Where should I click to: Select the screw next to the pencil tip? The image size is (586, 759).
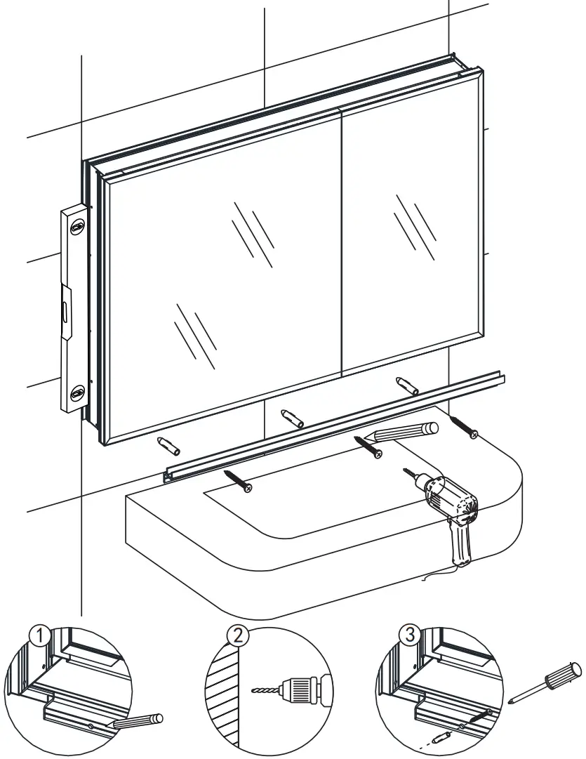pos(369,447)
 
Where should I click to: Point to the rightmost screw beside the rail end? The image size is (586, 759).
pos(465,427)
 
